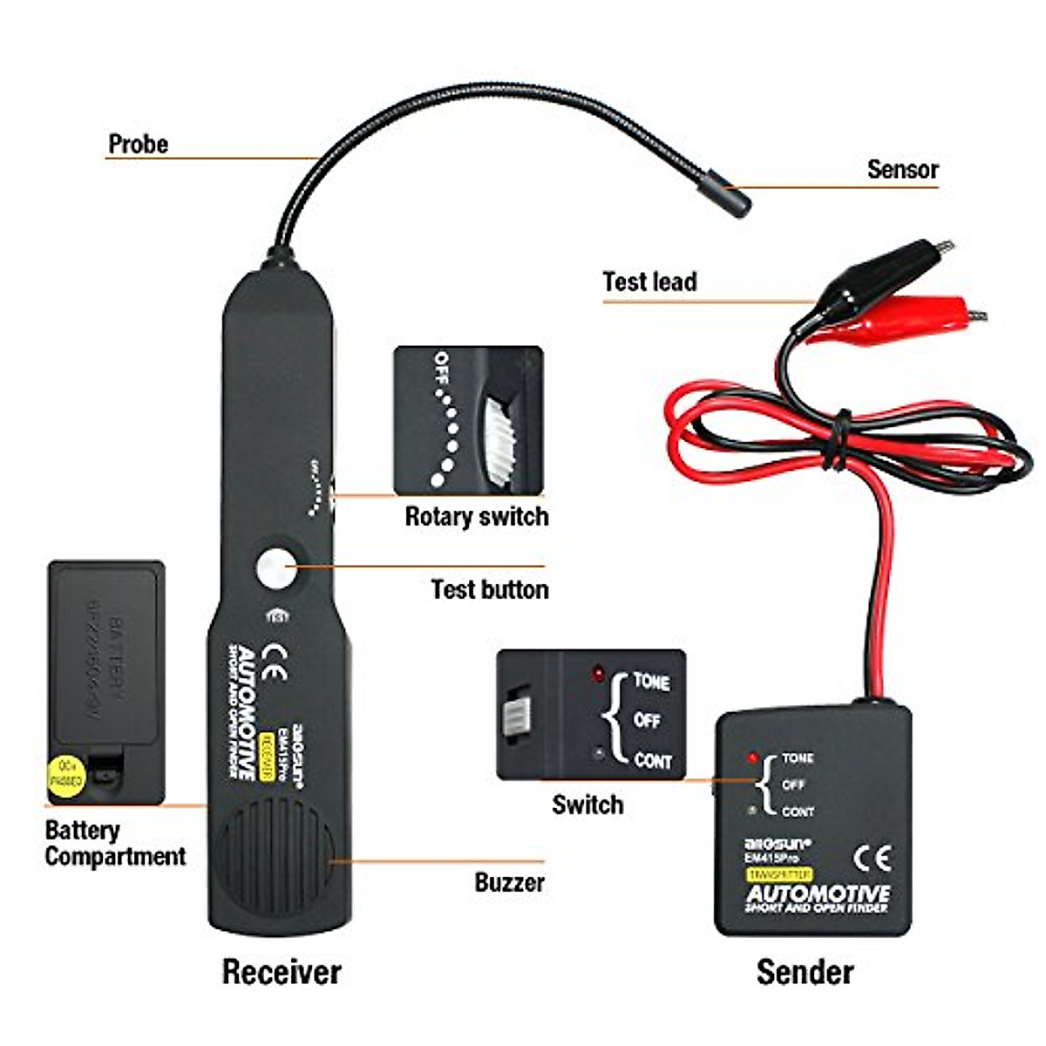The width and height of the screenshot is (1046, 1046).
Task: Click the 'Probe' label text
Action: click(138, 144)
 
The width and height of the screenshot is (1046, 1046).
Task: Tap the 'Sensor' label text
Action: click(902, 169)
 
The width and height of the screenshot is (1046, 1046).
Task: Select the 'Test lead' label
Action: click(649, 282)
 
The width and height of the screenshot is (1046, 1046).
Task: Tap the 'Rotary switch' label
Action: click(476, 517)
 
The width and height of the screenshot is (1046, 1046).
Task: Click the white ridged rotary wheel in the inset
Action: click(499, 441)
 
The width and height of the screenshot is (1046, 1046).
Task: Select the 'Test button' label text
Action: click(489, 590)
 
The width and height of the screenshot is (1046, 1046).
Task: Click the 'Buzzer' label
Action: click(509, 882)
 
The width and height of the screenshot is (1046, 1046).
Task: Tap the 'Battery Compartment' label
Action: click(114, 843)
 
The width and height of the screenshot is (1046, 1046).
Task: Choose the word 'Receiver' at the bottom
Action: click(281, 972)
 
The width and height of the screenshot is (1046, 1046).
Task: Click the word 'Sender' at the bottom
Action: click(805, 972)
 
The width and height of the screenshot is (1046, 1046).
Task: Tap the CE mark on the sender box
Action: click(872, 859)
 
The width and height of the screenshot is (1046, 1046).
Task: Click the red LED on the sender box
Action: click(752, 758)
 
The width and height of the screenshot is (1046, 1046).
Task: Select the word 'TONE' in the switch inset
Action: click(651, 682)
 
